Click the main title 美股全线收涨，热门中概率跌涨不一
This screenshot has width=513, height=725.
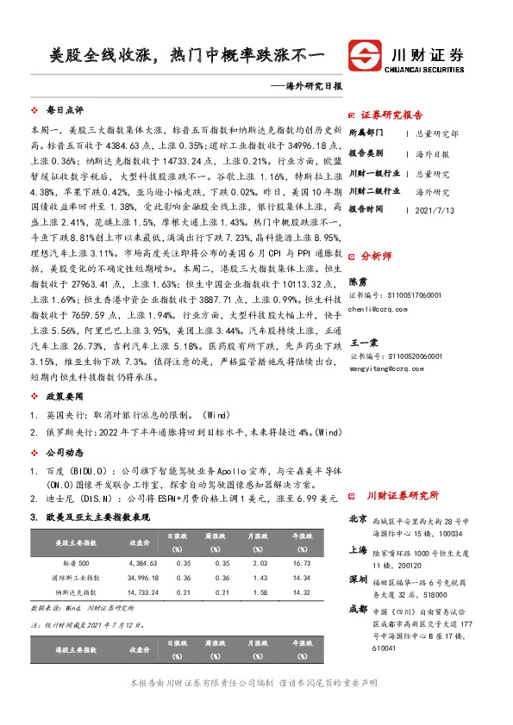[x=186, y=58]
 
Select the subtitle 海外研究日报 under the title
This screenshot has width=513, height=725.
[x=304, y=86]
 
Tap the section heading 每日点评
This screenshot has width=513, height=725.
[x=64, y=111]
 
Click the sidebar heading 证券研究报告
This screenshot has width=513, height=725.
[x=391, y=115]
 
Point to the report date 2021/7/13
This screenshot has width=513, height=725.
[x=434, y=209]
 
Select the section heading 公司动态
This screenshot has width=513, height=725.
[x=64, y=450]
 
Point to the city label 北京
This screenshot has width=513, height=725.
[x=358, y=519]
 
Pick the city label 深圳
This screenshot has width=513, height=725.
[x=358, y=579]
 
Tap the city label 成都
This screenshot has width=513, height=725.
[x=358, y=609]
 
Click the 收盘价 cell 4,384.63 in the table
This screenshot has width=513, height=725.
[x=141, y=561]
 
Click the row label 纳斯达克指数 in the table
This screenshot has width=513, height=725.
[x=75, y=592]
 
